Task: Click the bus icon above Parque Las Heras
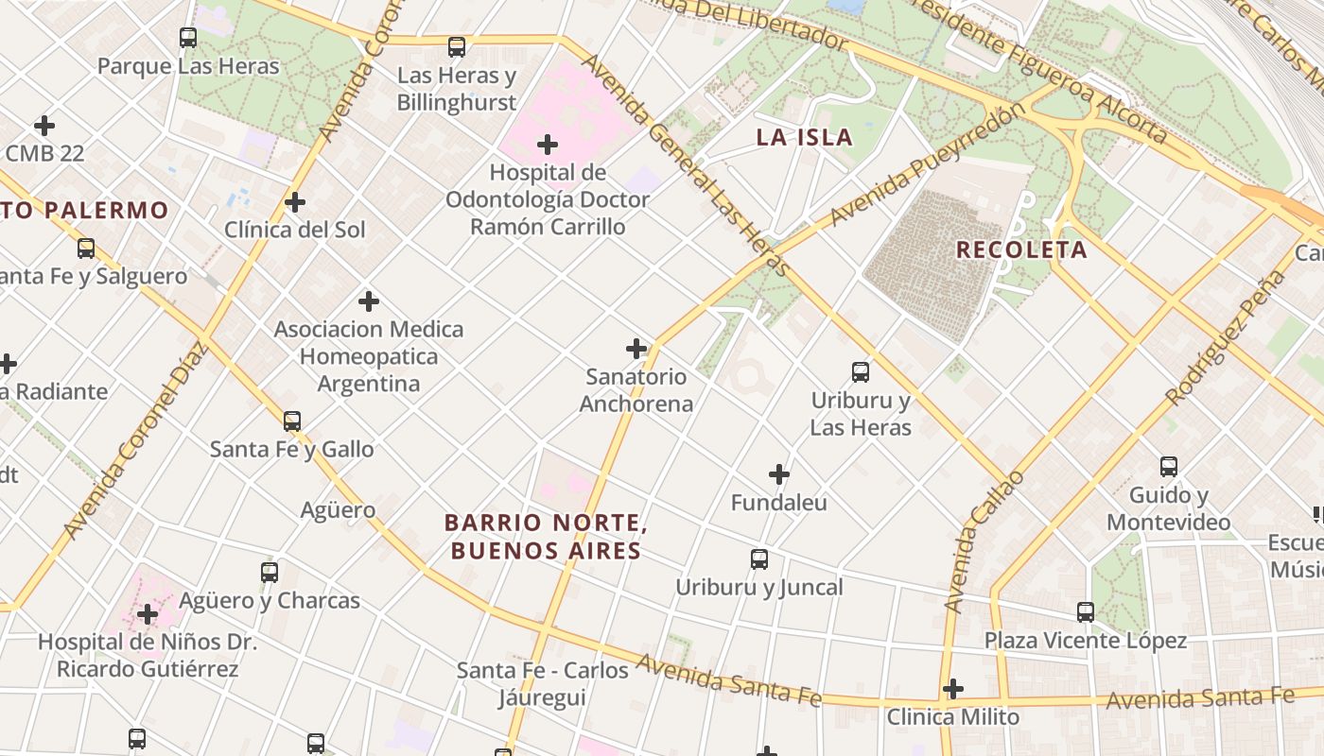coord(188,38)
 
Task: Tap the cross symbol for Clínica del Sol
coord(295,202)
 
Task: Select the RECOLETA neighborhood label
coord(1021,250)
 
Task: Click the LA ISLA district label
coord(805,137)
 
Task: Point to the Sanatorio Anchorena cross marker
coord(636,349)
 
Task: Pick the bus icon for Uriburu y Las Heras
coord(861,372)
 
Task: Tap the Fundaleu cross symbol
coord(779,474)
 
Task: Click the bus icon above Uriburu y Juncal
coord(759,559)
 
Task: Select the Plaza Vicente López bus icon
coord(1086,612)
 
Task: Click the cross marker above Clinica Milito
coord(953,689)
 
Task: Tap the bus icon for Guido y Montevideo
coord(1169,467)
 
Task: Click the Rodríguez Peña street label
coord(1227,337)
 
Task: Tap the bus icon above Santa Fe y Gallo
coord(292,421)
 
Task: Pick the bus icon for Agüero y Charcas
coord(270,573)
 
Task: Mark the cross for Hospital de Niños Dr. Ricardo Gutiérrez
coord(148,615)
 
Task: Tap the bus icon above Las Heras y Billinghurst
coord(457,47)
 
